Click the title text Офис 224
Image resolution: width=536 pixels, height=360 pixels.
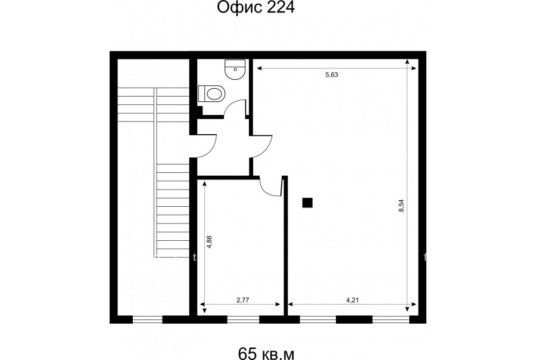[255, 8]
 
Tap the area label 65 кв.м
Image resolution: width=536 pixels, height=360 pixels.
[266, 353]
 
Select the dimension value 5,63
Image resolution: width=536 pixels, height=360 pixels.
[332, 75]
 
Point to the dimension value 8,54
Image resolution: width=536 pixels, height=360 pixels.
[401, 206]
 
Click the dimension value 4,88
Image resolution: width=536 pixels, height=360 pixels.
[209, 241]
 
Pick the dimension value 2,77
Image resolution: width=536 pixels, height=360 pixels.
[243, 300]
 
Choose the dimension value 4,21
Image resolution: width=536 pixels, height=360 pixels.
[353, 300]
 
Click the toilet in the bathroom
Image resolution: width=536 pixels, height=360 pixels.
[211, 94]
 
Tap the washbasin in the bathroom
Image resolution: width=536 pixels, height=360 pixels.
[235, 70]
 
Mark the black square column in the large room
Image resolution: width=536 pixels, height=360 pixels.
[307, 203]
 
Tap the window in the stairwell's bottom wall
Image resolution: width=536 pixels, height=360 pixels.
[147, 319]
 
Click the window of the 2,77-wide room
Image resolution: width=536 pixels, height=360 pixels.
[243, 319]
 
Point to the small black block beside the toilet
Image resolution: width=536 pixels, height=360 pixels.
[200, 110]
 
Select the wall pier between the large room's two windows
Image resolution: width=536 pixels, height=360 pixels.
[354, 319]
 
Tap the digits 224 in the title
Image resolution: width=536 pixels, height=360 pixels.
[281, 8]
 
